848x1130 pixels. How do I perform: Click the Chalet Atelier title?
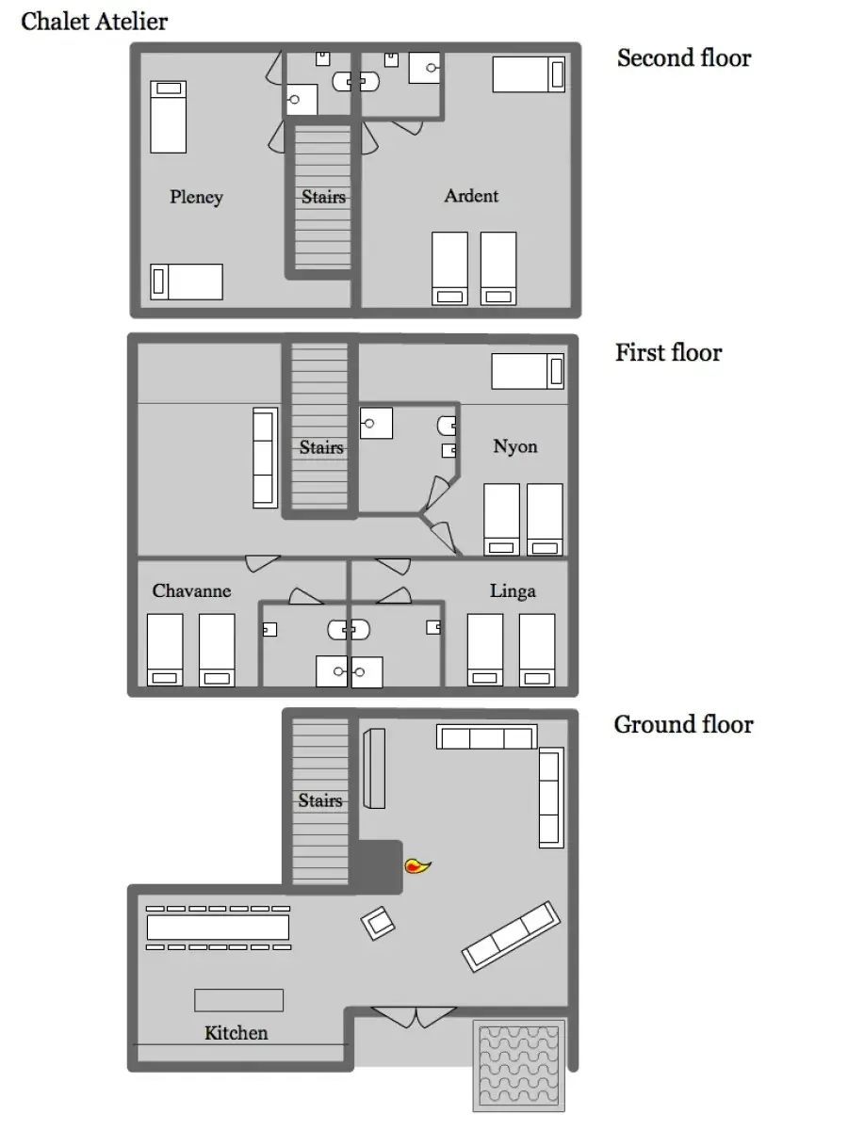coord(94,22)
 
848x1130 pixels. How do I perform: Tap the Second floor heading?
coord(684,57)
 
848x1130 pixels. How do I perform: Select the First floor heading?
coord(668,352)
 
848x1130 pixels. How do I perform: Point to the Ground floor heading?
coord(683,724)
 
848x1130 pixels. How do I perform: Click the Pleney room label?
coord(197,197)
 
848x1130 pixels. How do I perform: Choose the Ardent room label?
coord(471,196)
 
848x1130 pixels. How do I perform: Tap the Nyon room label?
coord(514,446)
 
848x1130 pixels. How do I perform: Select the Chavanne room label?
coord(191,590)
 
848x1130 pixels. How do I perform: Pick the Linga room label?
coord(513,591)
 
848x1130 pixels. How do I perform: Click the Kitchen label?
coord(236,1033)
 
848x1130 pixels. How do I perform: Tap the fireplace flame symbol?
coord(417,866)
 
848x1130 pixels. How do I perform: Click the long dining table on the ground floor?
coord(218,928)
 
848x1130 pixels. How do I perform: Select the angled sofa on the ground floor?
coord(511,936)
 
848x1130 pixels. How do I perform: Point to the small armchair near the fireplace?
coord(378,923)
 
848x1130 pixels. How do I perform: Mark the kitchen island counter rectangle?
coord(239,1000)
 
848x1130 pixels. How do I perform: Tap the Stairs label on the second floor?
coord(323,197)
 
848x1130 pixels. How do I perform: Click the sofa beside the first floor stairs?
coord(265,459)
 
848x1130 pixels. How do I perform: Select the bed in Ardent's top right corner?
coord(529,74)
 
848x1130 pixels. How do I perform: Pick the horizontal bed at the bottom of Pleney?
coord(187,282)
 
